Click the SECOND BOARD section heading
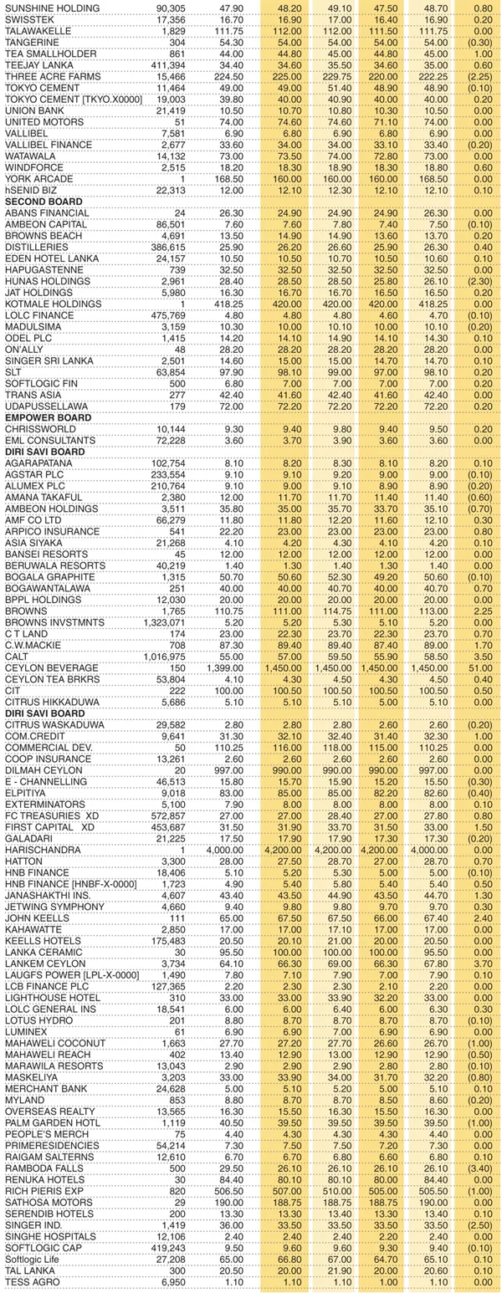(x=44, y=202)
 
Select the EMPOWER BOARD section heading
(x=47, y=417)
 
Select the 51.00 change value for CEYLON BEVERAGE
(x=481, y=667)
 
